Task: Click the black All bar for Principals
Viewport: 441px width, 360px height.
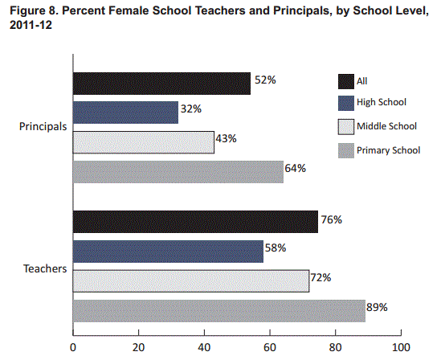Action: [x=161, y=83]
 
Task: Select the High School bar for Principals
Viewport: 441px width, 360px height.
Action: [x=125, y=112]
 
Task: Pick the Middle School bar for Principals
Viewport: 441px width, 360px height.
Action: [x=144, y=142]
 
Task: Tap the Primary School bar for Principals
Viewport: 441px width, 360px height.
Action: [x=178, y=171]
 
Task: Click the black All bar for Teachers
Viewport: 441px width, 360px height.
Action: [x=195, y=221]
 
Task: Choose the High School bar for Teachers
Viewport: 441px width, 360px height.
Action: [x=168, y=251]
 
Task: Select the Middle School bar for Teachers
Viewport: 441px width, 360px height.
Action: [x=191, y=280]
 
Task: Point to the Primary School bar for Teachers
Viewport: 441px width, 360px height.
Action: [x=218, y=310]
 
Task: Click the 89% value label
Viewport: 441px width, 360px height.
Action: [x=378, y=307]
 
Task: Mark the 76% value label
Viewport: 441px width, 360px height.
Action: [x=332, y=219]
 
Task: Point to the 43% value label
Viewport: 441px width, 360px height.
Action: [x=226, y=139]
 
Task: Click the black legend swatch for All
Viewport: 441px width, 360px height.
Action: [x=346, y=80]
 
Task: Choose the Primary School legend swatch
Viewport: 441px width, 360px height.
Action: [x=346, y=149]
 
